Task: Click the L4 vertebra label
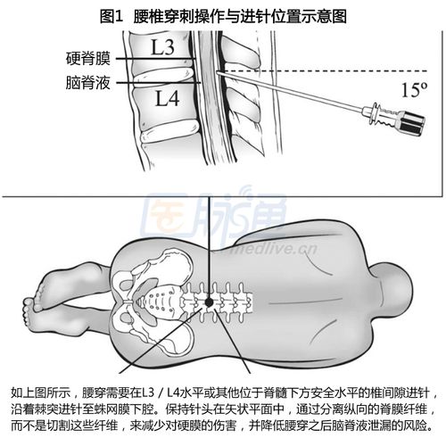tap(168, 98)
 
